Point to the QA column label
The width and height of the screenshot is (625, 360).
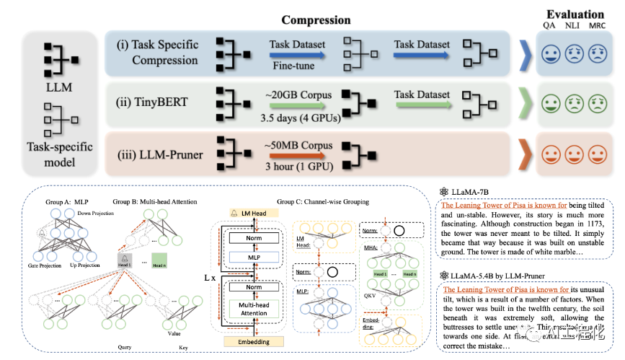550,26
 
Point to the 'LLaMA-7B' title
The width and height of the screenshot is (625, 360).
475,191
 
